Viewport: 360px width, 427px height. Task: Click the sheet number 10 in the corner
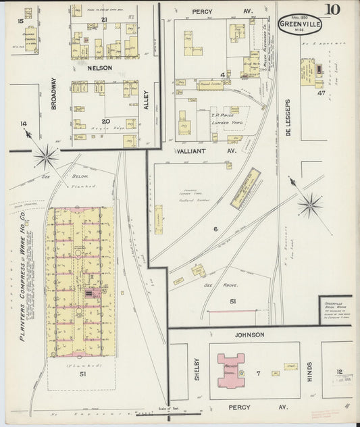point(333,9)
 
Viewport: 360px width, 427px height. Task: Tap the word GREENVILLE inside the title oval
point(299,24)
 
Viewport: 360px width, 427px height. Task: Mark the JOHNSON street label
point(251,334)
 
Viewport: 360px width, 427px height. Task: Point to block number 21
point(104,20)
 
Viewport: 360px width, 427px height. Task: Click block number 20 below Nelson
point(105,101)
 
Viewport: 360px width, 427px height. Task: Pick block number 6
point(215,229)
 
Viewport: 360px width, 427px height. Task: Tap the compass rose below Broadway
point(46,157)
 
